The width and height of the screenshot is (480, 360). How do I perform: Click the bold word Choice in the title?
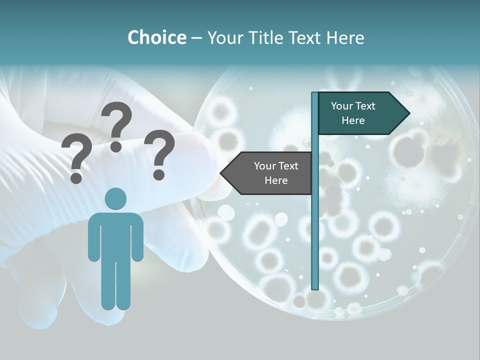click(x=156, y=37)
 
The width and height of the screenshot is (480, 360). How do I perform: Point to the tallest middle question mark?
click(x=117, y=125)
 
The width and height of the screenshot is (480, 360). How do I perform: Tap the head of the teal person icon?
click(x=115, y=198)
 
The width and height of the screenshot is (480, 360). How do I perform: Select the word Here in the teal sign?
click(x=353, y=120)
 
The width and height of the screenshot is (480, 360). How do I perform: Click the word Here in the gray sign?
click(x=276, y=180)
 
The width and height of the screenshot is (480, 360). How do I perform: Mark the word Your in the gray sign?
click(x=265, y=166)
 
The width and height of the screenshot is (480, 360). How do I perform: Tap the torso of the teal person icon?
click(x=115, y=235)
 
